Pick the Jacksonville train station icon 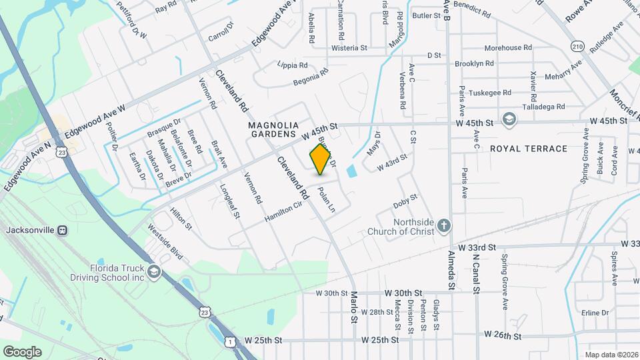click(62, 230)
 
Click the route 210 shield click(577, 46)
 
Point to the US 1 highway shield click(231, 341)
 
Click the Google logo click(22, 351)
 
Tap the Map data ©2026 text click(611, 355)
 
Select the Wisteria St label click(349, 48)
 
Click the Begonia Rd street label click(311, 77)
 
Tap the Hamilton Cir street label click(283, 213)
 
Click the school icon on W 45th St click(509, 119)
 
